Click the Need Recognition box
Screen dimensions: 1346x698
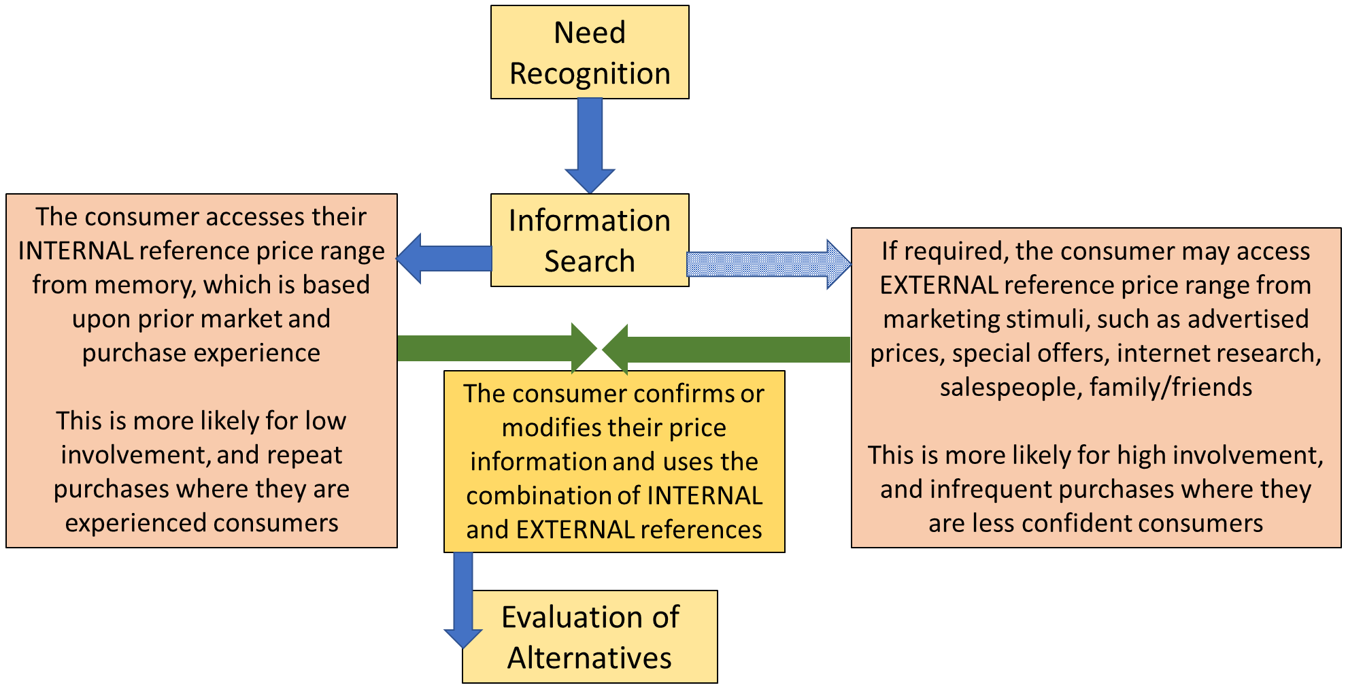590,52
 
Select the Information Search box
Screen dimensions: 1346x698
590,240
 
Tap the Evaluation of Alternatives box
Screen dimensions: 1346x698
590,637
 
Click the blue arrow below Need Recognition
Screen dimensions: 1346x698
590,146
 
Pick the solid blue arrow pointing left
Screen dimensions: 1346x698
443,259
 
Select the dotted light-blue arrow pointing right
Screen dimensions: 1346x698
769,264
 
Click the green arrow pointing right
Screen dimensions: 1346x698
497,348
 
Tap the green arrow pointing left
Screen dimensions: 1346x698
726,350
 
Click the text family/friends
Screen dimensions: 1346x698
1171,387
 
